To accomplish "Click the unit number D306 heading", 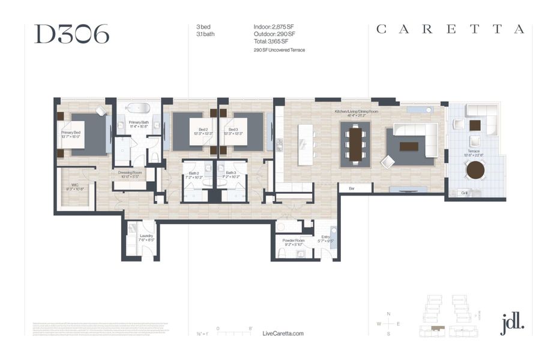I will (72, 34).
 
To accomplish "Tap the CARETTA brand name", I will (450, 29).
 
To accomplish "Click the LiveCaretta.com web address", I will (283, 333).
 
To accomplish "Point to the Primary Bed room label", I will (71, 134).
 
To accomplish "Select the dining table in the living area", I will (355, 144).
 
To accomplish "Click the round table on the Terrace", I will (475, 170).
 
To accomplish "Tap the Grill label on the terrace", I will (465, 193).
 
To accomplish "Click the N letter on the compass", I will (389, 314).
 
